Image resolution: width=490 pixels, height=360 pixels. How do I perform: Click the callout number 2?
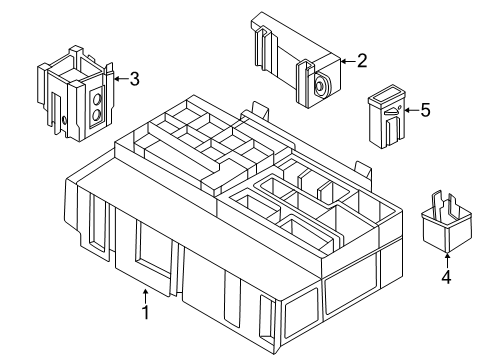pyautogui.click(x=362, y=62)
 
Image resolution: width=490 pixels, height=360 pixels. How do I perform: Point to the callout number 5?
pyautogui.click(x=425, y=110)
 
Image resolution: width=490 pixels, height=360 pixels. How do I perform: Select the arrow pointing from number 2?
pyautogui.click(x=346, y=62)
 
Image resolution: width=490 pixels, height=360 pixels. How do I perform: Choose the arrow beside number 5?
pyautogui.click(x=408, y=110)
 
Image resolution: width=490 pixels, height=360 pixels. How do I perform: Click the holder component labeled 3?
pyautogui.click(x=76, y=94)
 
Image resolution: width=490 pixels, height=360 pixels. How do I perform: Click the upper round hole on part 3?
pyautogui.click(x=97, y=98)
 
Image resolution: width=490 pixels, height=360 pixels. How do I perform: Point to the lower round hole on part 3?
pyautogui.click(x=97, y=116)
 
